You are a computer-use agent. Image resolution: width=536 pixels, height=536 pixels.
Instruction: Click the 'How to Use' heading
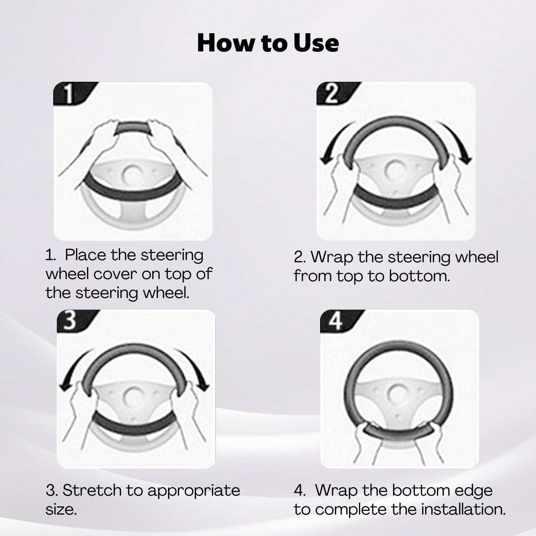tap(268, 43)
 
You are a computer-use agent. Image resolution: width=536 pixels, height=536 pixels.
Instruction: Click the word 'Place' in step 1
tap(85, 255)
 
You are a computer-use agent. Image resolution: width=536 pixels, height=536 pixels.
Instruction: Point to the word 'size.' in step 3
tap(61, 509)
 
